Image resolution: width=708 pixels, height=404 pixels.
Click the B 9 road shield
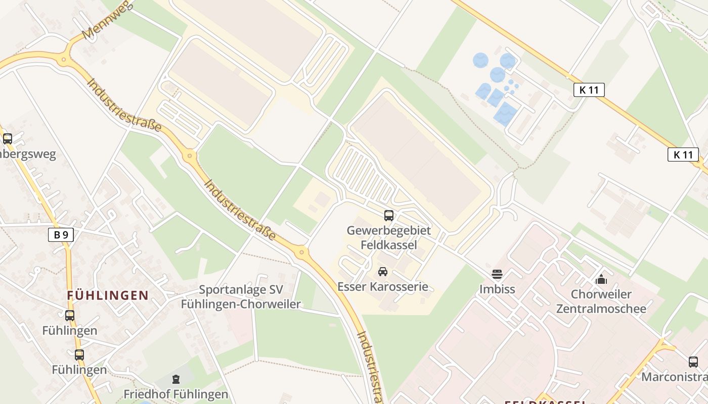pyautogui.click(x=61, y=234)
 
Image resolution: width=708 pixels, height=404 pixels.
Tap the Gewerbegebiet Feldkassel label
pyautogui.click(x=388, y=238)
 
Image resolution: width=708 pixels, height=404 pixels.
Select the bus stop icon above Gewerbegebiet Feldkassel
pyautogui.click(x=388, y=216)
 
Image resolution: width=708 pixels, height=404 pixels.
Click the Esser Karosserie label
pyautogui.click(x=383, y=287)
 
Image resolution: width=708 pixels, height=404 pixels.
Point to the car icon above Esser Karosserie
pyautogui.click(x=383, y=272)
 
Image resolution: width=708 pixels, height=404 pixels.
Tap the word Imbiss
pyautogui.click(x=497, y=289)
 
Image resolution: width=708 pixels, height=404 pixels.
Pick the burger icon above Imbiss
pyautogui.click(x=497, y=274)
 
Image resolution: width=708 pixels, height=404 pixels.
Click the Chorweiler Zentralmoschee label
pyautogui.click(x=601, y=301)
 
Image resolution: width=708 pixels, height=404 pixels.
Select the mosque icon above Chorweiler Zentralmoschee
pyautogui.click(x=601, y=279)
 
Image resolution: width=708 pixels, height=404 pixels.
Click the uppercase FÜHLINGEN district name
pyautogui.click(x=108, y=295)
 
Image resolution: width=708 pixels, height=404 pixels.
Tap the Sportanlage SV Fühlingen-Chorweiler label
pyautogui.click(x=241, y=297)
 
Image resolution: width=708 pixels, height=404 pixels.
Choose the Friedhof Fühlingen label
pyautogui.click(x=176, y=394)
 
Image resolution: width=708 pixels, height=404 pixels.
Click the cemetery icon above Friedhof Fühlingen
pyautogui.click(x=176, y=379)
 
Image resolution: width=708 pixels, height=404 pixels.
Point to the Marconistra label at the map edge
pyautogui.click(x=675, y=377)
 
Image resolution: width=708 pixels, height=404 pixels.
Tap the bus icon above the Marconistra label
pyautogui.click(x=693, y=362)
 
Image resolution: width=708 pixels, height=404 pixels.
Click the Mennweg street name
pyautogui.click(x=107, y=19)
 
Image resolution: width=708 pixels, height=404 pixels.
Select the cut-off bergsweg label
pyautogui.click(x=28, y=154)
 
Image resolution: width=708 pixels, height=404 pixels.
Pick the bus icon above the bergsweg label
pyautogui.click(x=7, y=138)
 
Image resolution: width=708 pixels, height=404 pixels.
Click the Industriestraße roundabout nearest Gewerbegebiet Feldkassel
pyautogui.click(x=301, y=251)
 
